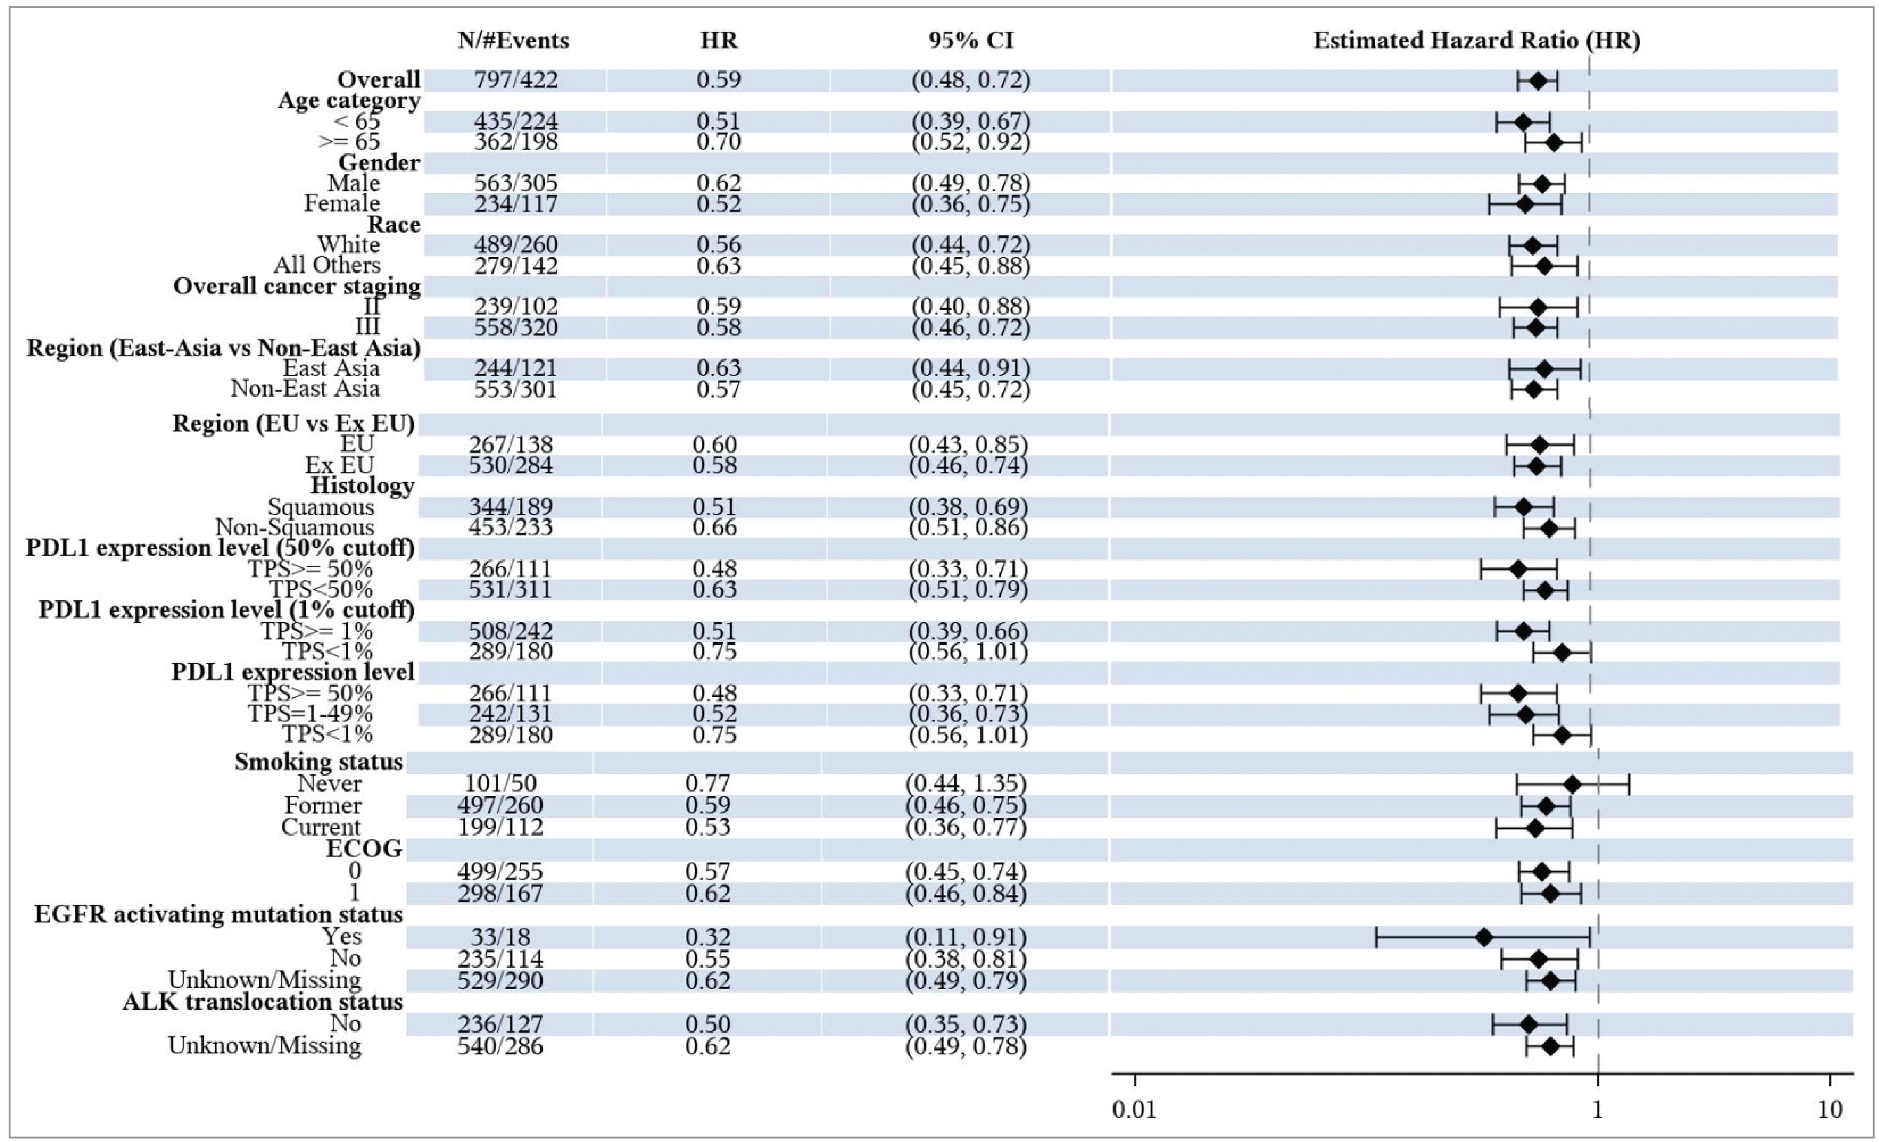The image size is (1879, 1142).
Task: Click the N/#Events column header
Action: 513,40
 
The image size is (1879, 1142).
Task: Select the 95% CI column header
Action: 971,40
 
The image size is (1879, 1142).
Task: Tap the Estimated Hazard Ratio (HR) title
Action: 1476,40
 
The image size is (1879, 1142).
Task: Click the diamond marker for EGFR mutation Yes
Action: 1484,937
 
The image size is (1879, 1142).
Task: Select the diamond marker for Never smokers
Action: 1572,784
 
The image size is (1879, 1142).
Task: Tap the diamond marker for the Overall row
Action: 1538,81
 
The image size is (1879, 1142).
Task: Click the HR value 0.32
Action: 708,937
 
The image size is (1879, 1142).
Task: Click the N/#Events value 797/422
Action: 516,80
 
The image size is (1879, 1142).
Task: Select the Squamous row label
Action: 320,507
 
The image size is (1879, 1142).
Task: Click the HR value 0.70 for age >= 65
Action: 718,142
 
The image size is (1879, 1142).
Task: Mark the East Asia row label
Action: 331,368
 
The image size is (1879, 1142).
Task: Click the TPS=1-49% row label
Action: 310,714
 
